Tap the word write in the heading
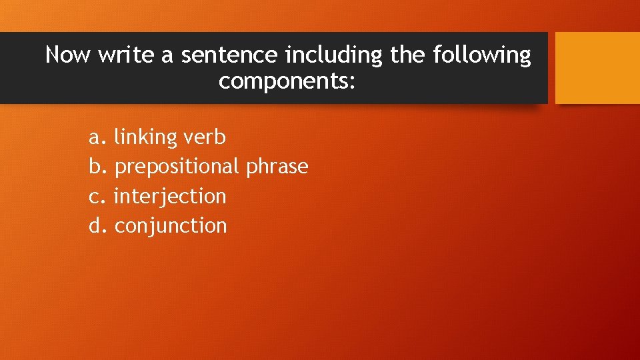[125, 54]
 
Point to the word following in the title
[481, 55]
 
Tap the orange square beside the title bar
[597, 68]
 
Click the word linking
[145, 138]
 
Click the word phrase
[277, 167]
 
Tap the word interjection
[170, 197]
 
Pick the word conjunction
[171, 226]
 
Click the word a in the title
[167, 55]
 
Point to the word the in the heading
[407, 54]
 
